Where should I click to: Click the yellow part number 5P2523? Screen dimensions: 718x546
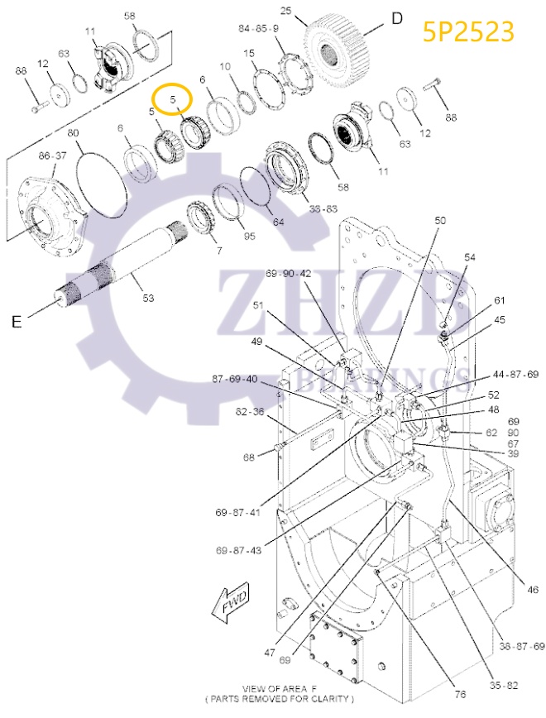(x=468, y=31)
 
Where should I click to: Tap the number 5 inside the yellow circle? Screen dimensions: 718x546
(x=174, y=99)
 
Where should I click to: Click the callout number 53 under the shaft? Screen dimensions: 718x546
(x=148, y=298)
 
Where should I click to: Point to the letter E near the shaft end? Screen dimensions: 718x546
(x=16, y=322)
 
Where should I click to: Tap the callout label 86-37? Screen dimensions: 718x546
(x=52, y=156)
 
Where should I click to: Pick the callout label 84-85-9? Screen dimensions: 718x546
(x=258, y=28)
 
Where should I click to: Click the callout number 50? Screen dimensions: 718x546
(x=440, y=220)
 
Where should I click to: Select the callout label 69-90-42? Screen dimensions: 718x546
(x=288, y=273)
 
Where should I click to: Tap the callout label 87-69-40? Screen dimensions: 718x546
(x=234, y=379)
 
